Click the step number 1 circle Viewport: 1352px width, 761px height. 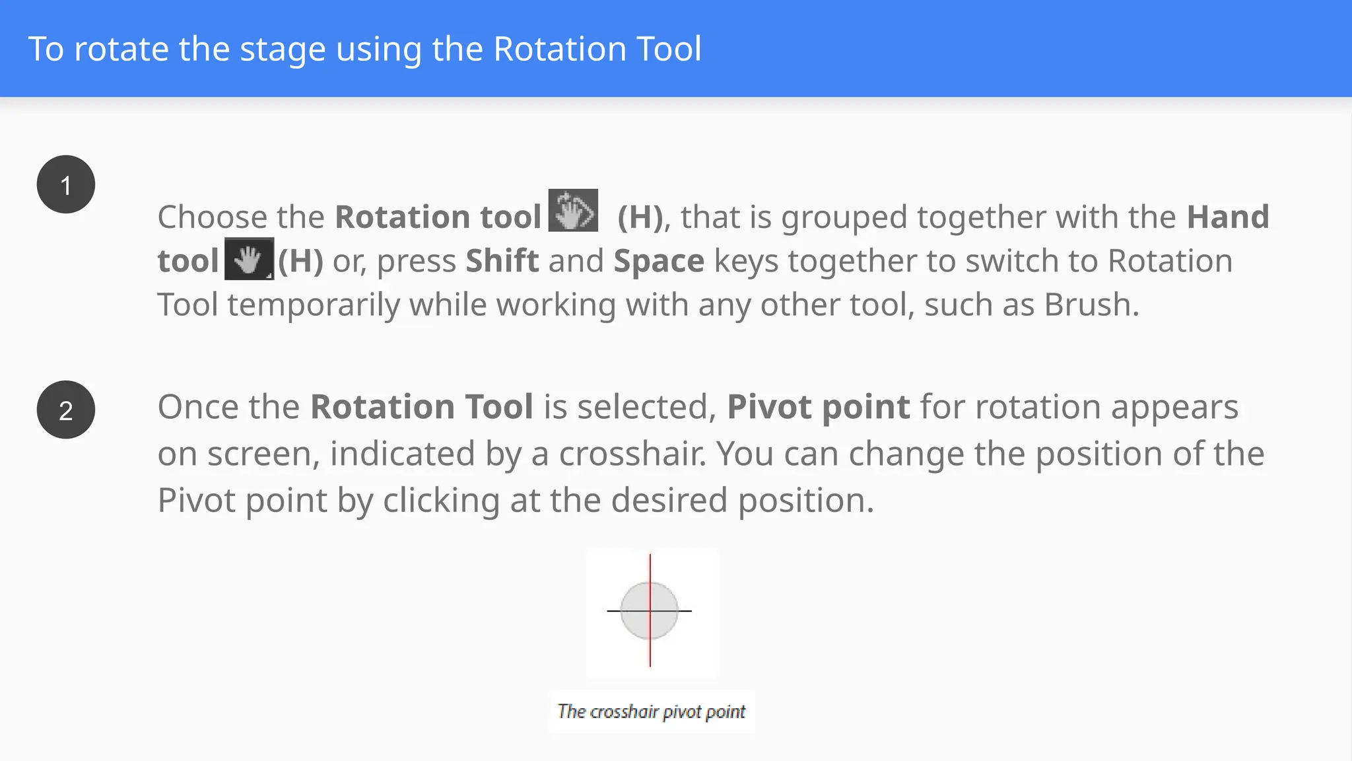[x=65, y=184]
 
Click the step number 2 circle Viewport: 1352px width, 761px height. [x=65, y=410]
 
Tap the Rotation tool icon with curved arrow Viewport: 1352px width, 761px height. [x=573, y=211]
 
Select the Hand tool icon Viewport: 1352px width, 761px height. [x=249, y=259]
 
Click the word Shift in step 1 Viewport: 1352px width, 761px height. [x=502, y=261]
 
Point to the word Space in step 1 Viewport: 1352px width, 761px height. [x=658, y=261]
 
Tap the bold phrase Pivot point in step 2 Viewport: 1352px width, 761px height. [x=818, y=407]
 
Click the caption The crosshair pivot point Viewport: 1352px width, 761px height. [x=652, y=711]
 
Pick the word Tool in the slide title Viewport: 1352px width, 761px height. [x=669, y=49]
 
